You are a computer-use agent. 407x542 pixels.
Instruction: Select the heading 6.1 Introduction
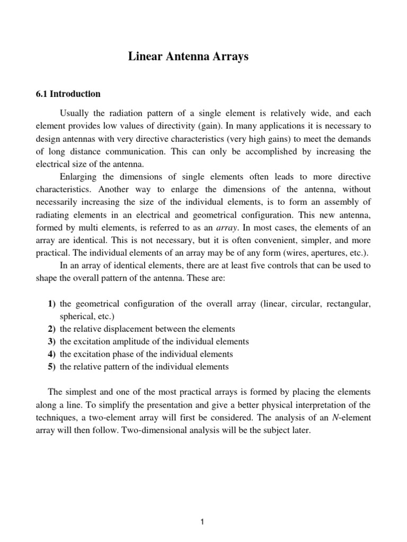coord(67,94)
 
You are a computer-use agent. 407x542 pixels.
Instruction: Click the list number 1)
coord(51,304)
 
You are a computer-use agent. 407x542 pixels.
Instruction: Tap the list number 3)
coord(51,341)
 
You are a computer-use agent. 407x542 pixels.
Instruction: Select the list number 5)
coord(51,366)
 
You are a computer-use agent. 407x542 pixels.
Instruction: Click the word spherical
coord(78,316)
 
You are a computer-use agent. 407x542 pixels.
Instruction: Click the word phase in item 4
coord(138,354)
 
